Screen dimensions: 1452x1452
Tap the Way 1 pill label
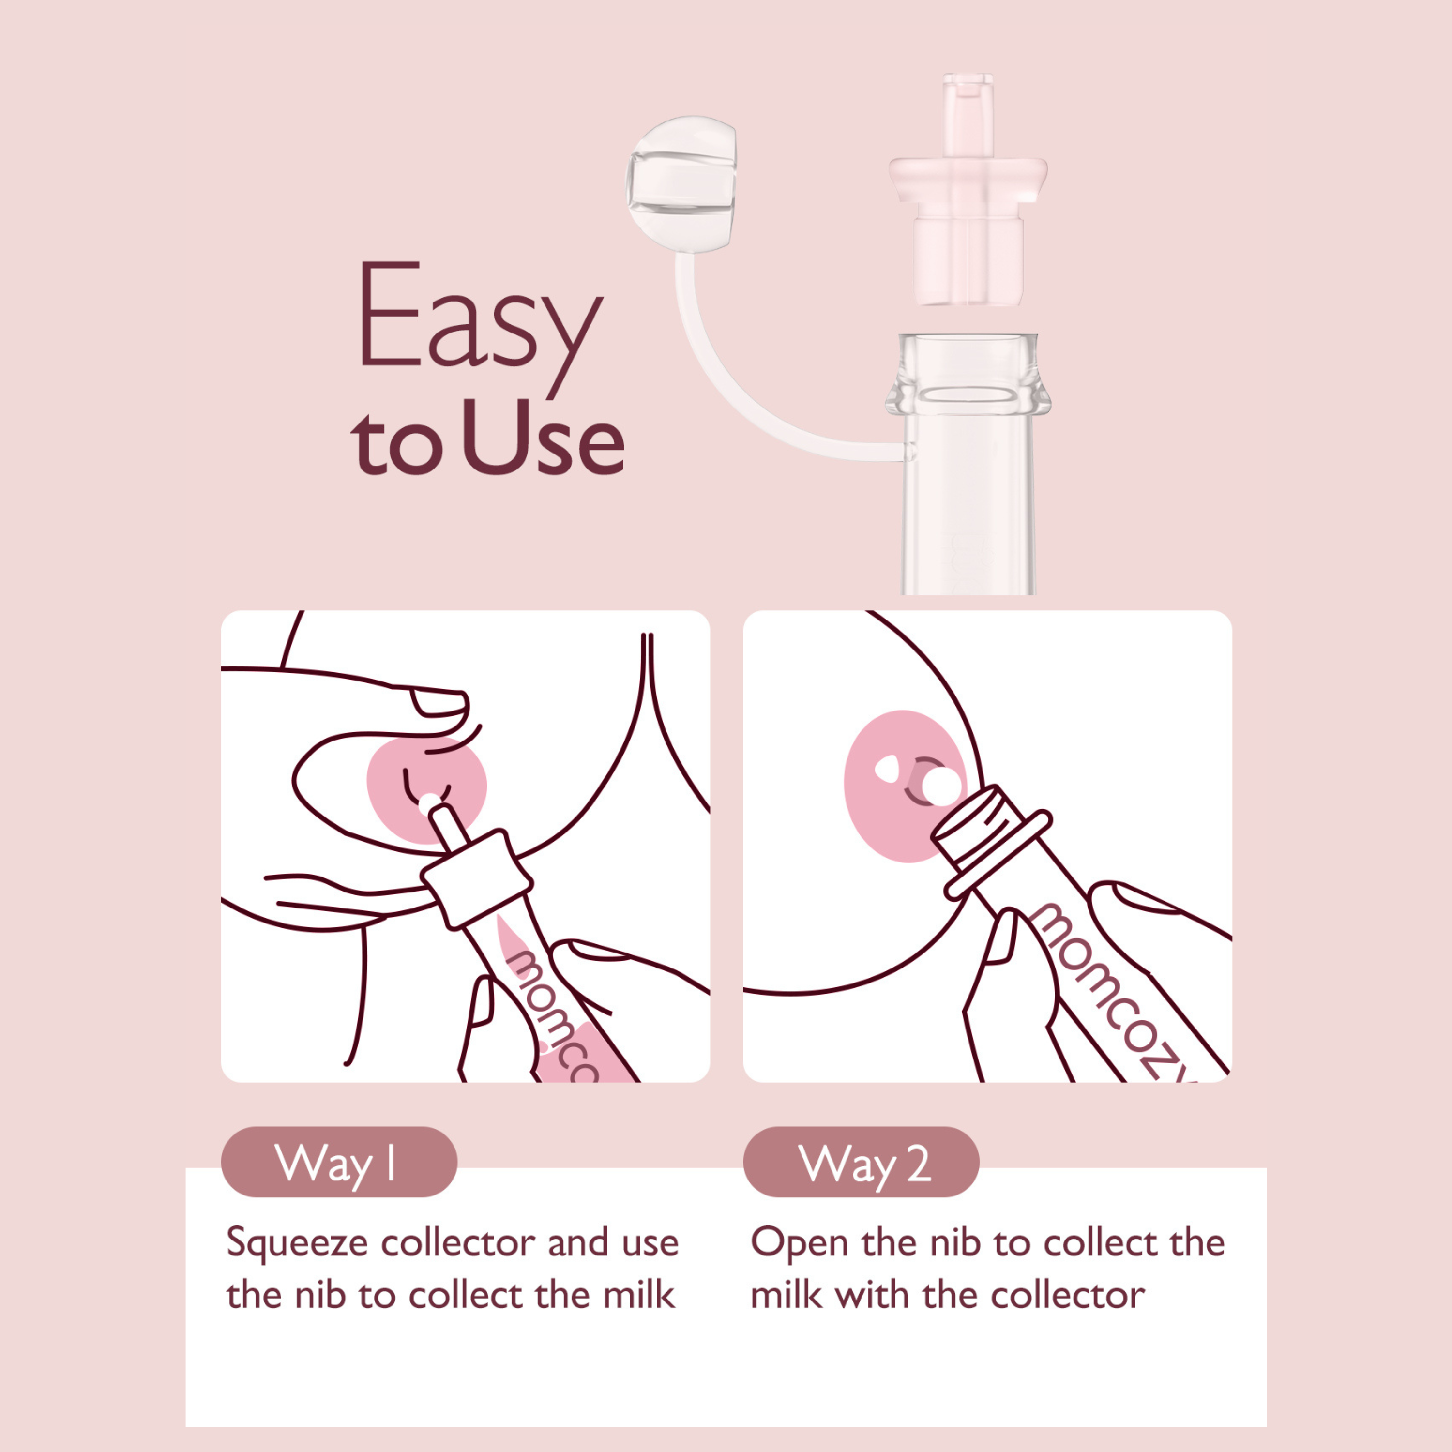[338, 1162]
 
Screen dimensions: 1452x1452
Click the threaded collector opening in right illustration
[969, 823]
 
